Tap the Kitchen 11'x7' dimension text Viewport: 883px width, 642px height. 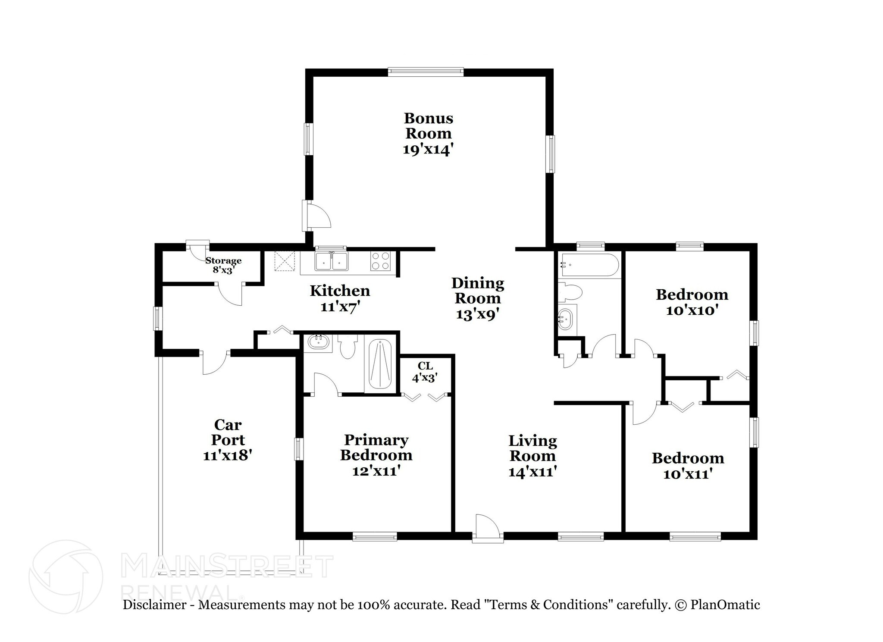(x=340, y=307)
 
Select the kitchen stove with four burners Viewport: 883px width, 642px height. (x=380, y=261)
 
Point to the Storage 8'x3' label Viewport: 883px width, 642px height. (x=223, y=265)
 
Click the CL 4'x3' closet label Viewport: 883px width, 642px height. (x=425, y=372)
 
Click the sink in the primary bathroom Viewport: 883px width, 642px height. (x=319, y=343)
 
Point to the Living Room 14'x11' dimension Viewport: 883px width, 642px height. (x=533, y=472)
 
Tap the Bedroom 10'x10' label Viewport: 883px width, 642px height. (x=692, y=302)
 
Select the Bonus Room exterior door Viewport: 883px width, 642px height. (x=316, y=215)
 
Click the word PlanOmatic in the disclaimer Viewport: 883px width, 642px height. (x=725, y=605)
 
